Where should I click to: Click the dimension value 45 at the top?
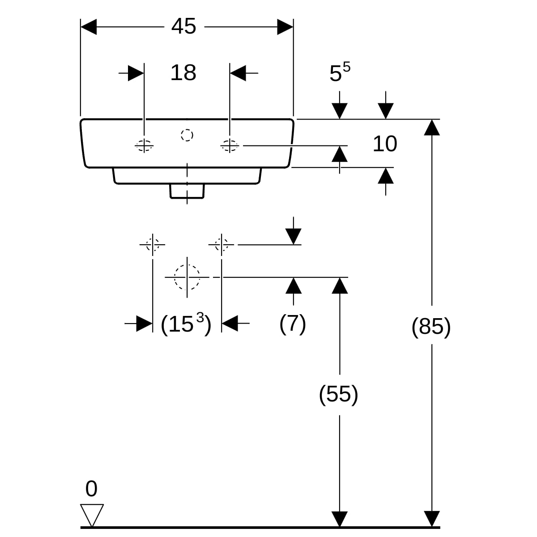pos(183,27)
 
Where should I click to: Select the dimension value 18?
pos(183,72)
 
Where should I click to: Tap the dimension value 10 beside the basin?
pos(385,144)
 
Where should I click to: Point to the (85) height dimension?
pos(431,327)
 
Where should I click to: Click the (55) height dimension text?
pos(339,395)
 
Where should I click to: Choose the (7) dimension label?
pos(293,323)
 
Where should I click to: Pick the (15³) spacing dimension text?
pos(186,324)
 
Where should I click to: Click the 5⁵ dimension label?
pos(340,72)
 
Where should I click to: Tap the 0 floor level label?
pos(91,489)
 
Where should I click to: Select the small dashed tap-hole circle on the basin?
pos(187,135)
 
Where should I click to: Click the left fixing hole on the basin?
pos(144,145)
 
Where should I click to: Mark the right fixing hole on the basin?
pos(230,145)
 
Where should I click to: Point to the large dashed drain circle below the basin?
pos(187,277)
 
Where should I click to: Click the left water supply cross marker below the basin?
pos(153,245)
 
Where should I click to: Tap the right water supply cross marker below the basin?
pos(221,245)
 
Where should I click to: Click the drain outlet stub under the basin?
pos(187,191)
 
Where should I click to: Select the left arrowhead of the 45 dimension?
pos(89,27)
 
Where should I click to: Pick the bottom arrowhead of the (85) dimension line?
pos(431,519)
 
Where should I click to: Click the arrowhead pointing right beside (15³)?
pos(144,323)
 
